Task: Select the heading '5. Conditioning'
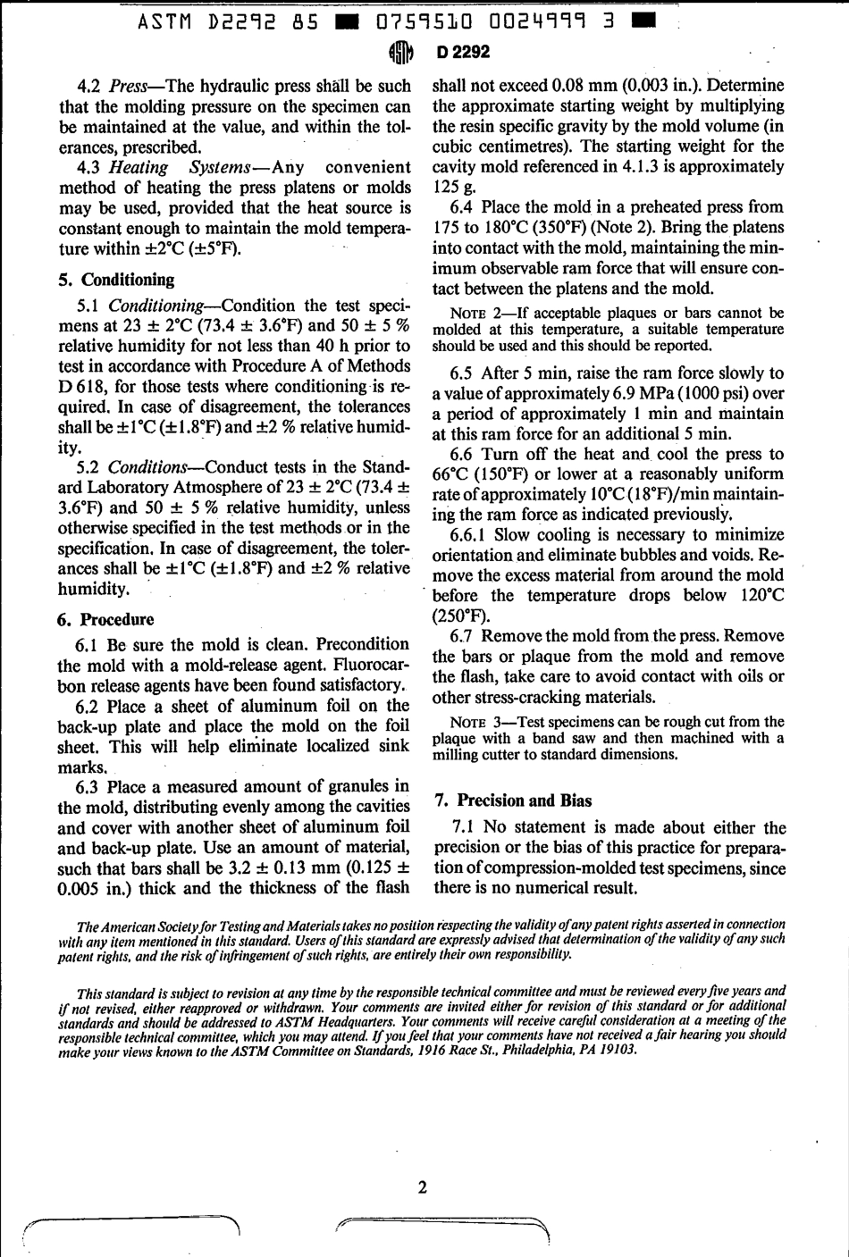116,280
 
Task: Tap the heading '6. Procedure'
105,619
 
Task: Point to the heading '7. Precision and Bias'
513,800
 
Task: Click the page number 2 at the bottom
422,1187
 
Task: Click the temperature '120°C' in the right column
758,596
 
